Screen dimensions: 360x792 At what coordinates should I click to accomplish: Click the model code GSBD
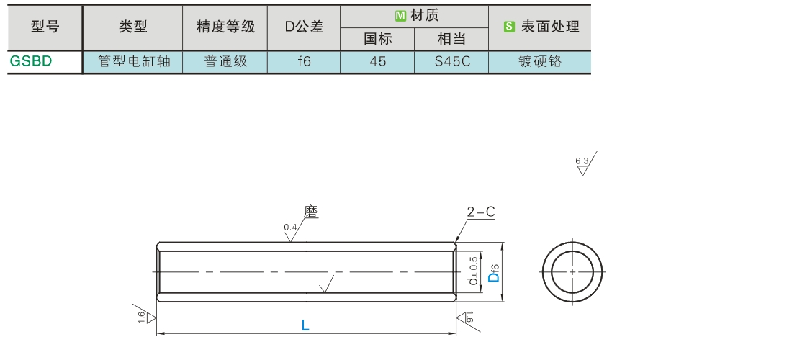[x=31, y=61]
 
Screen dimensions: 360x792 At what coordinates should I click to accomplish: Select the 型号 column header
[x=45, y=27]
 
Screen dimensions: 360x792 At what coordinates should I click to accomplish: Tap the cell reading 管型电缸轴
[x=132, y=61]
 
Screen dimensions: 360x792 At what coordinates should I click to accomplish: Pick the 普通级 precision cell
[x=225, y=61]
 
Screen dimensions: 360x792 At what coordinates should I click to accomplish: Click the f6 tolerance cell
[x=304, y=61]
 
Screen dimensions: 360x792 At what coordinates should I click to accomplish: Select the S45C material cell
[x=451, y=61]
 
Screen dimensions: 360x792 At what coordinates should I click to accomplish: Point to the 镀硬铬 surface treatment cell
[x=539, y=61]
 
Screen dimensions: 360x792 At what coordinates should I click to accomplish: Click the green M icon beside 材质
[x=400, y=15]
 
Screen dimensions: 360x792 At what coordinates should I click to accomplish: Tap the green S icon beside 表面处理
[x=509, y=27]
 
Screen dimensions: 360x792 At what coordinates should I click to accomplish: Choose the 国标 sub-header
[x=377, y=39]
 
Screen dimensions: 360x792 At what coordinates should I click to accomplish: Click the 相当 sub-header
[x=451, y=39]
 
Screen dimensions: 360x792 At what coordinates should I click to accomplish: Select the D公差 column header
[x=304, y=27]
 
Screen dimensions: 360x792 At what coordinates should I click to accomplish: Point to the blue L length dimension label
[x=305, y=325]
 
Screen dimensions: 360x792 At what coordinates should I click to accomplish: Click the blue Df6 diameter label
[x=494, y=273]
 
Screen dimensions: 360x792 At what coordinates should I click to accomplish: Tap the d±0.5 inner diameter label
[x=472, y=271]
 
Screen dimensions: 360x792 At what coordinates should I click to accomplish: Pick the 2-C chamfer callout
[x=480, y=212]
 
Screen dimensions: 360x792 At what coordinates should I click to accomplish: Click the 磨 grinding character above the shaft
[x=310, y=212]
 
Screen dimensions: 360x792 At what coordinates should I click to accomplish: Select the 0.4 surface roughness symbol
[x=290, y=231]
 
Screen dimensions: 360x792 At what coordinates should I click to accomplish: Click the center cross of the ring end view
[x=572, y=271]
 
